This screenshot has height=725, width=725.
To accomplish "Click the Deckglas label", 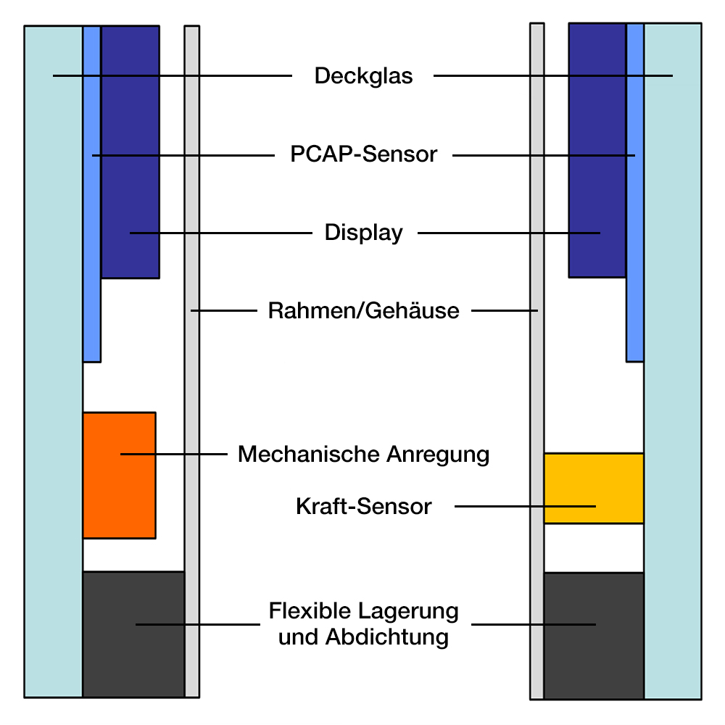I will click(363, 76).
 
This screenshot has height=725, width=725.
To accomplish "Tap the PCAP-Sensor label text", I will click(363, 154).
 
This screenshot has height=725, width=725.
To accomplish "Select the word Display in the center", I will click(363, 233).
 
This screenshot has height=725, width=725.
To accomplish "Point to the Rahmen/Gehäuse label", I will click(363, 311).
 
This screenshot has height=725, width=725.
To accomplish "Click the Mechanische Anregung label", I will click(363, 455).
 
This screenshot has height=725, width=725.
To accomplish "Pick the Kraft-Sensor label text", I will click(363, 506).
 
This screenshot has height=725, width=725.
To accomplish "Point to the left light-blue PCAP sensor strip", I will click(91, 290).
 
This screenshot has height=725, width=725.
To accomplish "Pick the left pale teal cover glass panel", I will click(53, 362).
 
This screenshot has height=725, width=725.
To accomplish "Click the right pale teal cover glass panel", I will click(672, 362).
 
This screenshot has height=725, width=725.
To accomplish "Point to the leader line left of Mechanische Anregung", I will click(174, 455).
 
